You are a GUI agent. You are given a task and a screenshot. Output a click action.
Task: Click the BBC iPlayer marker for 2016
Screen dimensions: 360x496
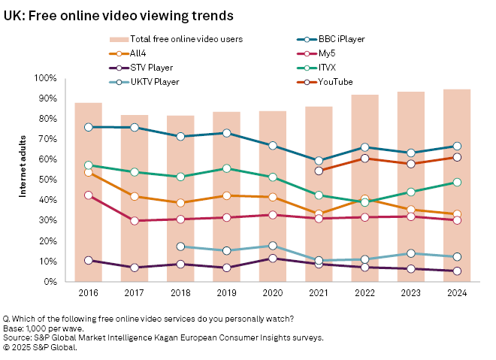(x=89, y=127)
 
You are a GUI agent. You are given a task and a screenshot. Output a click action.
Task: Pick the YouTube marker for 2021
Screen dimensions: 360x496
(x=319, y=171)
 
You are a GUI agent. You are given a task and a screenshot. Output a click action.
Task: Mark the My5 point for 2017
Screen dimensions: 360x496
(x=135, y=221)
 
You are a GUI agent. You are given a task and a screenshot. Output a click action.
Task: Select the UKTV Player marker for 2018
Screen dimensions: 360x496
(x=180, y=247)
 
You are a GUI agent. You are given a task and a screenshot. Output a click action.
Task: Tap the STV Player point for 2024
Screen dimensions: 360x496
(x=456, y=271)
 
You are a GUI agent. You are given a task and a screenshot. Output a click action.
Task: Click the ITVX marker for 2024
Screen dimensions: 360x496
(x=456, y=183)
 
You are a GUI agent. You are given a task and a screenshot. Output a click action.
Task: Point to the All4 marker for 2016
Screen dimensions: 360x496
(x=89, y=172)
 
